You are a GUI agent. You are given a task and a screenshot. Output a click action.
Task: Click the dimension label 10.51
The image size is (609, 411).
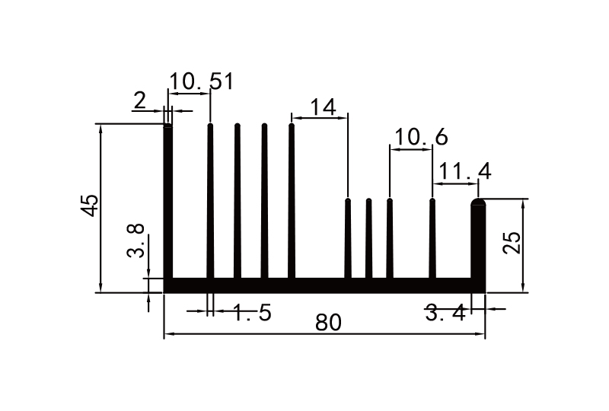click(x=201, y=81)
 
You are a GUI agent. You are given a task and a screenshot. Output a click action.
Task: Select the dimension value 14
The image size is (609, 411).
click(x=323, y=107)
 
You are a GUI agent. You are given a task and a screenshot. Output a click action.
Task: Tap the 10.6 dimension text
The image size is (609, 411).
click(x=419, y=137)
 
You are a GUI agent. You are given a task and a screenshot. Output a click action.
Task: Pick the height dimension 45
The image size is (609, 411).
click(x=90, y=205)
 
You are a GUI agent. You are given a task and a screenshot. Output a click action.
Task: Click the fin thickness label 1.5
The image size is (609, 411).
click(x=251, y=313)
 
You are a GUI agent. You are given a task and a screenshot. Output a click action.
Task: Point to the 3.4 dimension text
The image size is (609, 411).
click(x=445, y=313)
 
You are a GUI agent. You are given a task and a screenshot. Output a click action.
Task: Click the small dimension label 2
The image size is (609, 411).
click(x=139, y=100)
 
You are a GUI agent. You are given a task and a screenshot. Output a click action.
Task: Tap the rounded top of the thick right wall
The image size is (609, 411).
click(x=479, y=203)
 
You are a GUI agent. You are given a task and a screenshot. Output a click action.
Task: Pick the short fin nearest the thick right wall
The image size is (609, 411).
click(x=432, y=237)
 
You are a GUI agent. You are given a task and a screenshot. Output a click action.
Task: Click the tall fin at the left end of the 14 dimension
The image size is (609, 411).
click(x=292, y=202)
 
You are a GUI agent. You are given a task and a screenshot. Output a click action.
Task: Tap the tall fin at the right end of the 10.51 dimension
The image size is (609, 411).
click(x=210, y=202)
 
